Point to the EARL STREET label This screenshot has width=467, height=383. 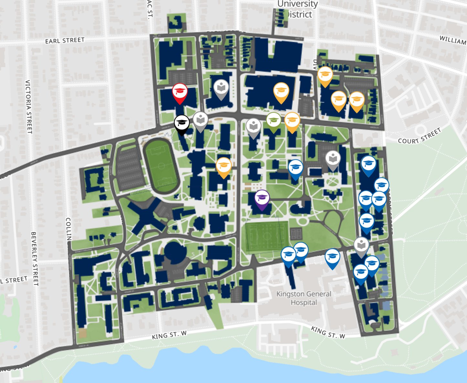click(x=65, y=41)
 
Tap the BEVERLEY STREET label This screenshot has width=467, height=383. click(x=35, y=258)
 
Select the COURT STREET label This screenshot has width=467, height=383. click(x=419, y=136)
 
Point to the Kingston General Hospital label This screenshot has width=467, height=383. click(x=304, y=298)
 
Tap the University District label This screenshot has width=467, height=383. click(x=297, y=9)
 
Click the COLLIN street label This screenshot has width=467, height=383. click(x=68, y=229)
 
